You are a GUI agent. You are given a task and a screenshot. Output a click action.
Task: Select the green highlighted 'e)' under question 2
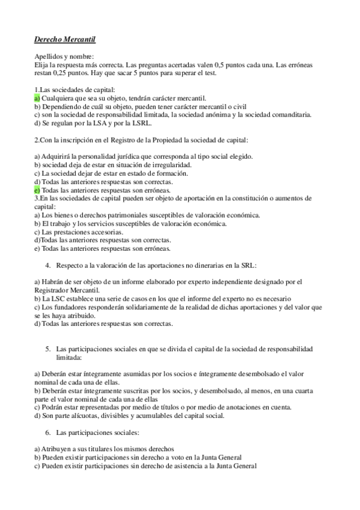coord(37,189)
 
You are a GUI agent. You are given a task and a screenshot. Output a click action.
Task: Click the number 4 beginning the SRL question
coord(47,265)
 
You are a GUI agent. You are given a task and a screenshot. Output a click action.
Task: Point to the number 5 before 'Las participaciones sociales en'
coord(47,349)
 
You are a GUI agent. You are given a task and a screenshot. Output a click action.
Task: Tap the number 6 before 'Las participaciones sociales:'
coord(47,432)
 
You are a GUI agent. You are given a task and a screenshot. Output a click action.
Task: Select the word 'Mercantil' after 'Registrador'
coord(85,290)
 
